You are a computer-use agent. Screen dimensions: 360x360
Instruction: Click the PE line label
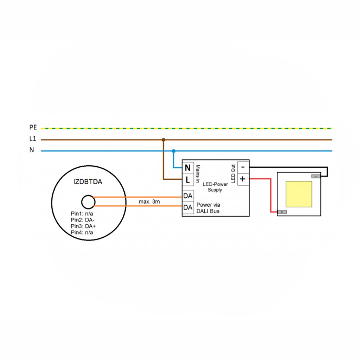click(x=33, y=128)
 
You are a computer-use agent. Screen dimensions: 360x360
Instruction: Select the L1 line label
click(x=33, y=139)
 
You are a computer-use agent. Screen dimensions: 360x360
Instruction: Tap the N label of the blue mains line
click(x=32, y=150)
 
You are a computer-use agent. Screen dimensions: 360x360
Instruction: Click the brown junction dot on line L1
click(x=163, y=140)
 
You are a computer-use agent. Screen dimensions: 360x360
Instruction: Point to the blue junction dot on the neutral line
click(x=173, y=151)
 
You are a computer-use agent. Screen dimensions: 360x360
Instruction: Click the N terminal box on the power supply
click(x=188, y=168)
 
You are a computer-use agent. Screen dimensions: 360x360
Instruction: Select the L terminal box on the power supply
click(x=188, y=180)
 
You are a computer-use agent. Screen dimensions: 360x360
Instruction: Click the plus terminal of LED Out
click(x=243, y=179)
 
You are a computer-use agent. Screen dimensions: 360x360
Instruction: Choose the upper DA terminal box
click(x=188, y=196)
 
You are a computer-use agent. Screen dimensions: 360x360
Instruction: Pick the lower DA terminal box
click(x=188, y=208)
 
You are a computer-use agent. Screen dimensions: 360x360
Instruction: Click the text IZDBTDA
click(x=88, y=182)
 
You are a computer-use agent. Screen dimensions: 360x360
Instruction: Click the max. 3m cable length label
click(x=149, y=201)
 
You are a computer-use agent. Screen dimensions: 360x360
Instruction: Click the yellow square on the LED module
click(x=299, y=194)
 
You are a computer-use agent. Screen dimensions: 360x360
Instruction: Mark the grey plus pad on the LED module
click(x=282, y=212)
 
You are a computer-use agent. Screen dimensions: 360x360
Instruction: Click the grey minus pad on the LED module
click(x=316, y=176)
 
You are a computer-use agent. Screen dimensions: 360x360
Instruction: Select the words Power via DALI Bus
click(x=208, y=207)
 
